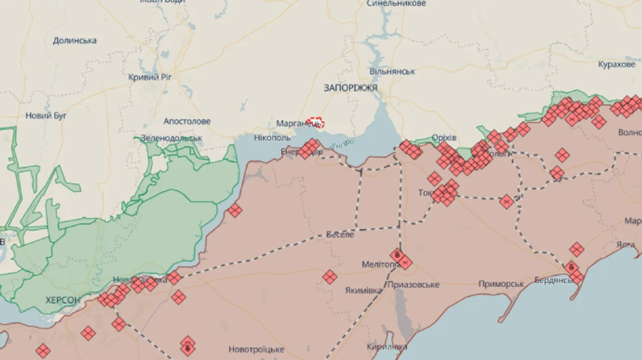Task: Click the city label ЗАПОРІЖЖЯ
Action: pos(350,88)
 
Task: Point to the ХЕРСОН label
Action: pos(63,300)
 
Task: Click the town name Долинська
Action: pos(75,41)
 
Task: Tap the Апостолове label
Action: pos(187,122)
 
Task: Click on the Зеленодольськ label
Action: pos(171,138)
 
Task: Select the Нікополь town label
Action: pos(272,137)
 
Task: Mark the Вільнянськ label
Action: pos(392,72)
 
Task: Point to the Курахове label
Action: pos(616,65)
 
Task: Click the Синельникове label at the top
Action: pos(397,4)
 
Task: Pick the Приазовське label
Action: pos(413,285)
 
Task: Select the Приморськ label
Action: pos(501,284)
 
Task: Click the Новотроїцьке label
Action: pos(256,349)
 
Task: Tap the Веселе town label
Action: pos(340,235)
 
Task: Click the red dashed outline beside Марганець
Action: pos(315,122)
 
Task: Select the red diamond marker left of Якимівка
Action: pos(330,277)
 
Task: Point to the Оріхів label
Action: pos(444,138)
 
